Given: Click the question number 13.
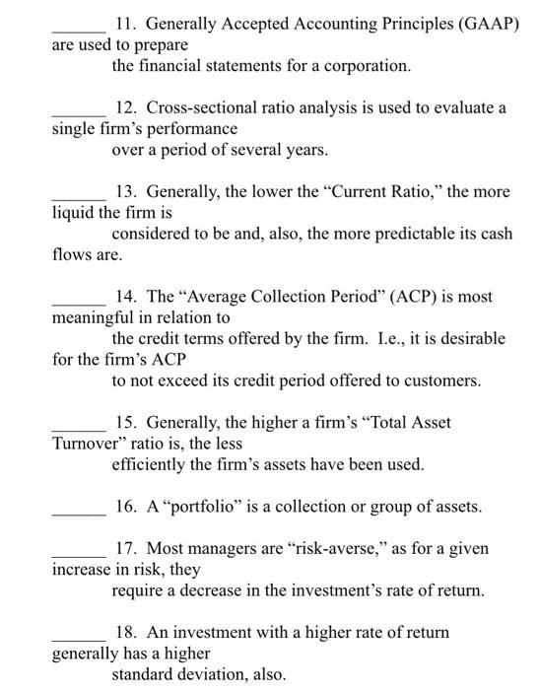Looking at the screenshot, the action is point(124,191).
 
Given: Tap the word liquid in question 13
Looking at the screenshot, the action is point(74,212).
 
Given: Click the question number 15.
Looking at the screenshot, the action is point(124,422).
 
